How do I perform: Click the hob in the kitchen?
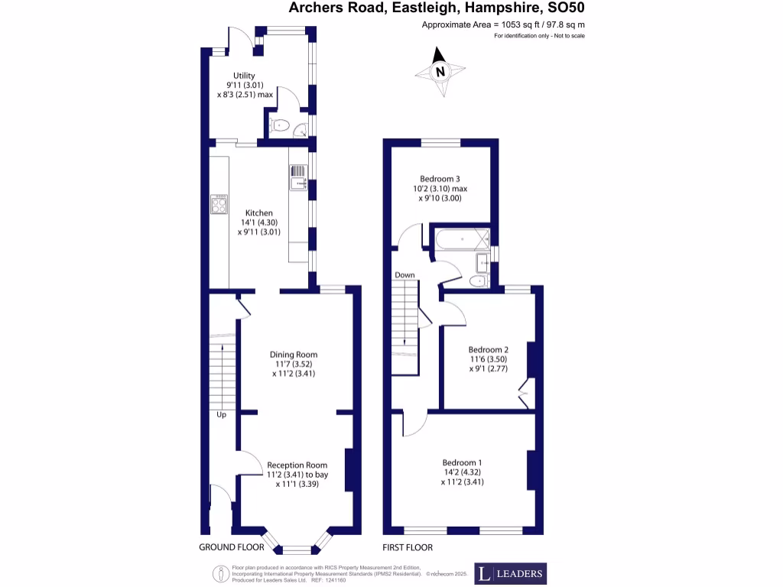219,203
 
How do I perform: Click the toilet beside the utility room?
280,127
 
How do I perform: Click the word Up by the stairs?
221,415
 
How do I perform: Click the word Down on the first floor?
404,274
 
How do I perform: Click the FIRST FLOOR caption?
408,547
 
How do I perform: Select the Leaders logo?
510,573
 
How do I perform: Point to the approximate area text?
503,25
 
